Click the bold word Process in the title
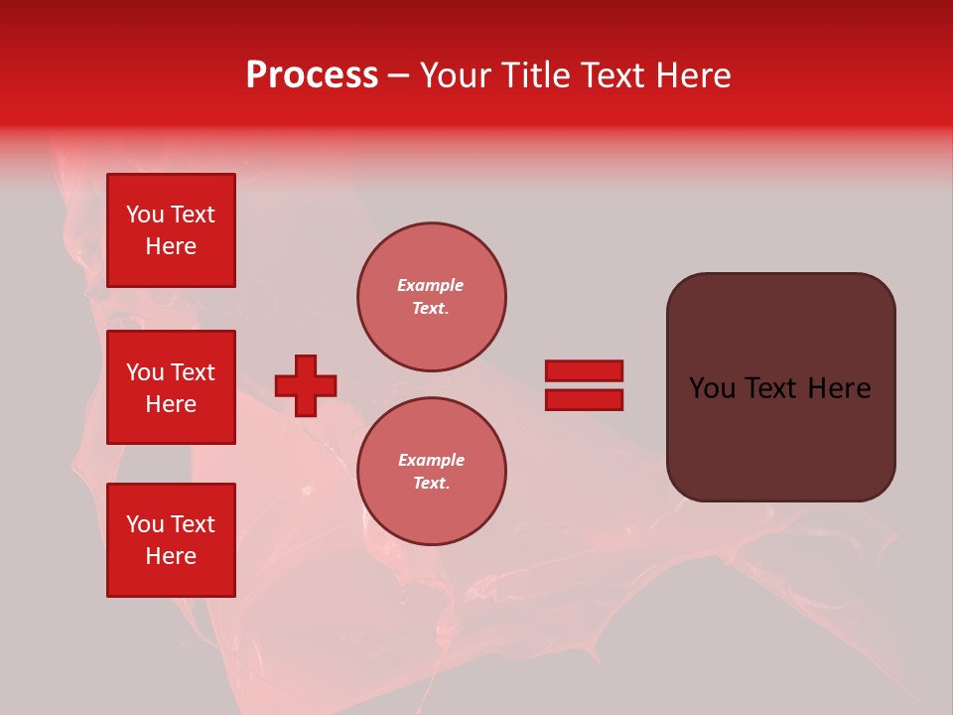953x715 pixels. [x=312, y=75]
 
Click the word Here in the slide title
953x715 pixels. [x=691, y=75]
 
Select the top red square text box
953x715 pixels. [x=171, y=230]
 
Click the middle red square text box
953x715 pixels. [x=171, y=387]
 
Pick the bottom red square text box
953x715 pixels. [x=171, y=540]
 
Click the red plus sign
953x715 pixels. [x=306, y=385]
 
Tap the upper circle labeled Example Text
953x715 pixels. [x=432, y=297]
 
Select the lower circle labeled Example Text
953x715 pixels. [x=432, y=472]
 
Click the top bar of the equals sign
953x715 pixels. [x=585, y=370]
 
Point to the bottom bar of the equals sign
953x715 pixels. [x=585, y=399]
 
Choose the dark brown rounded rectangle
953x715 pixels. [x=781, y=437]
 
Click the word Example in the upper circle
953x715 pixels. [x=430, y=285]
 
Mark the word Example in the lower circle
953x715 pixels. [x=431, y=460]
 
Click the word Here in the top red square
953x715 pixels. [x=171, y=246]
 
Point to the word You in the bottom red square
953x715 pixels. [x=145, y=524]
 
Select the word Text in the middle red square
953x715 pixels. [x=193, y=372]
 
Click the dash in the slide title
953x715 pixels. [x=398, y=75]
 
